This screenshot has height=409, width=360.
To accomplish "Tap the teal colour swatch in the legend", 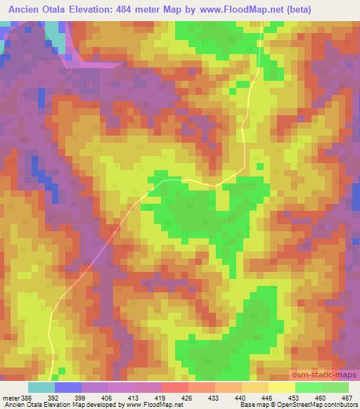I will click(x=41, y=387).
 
